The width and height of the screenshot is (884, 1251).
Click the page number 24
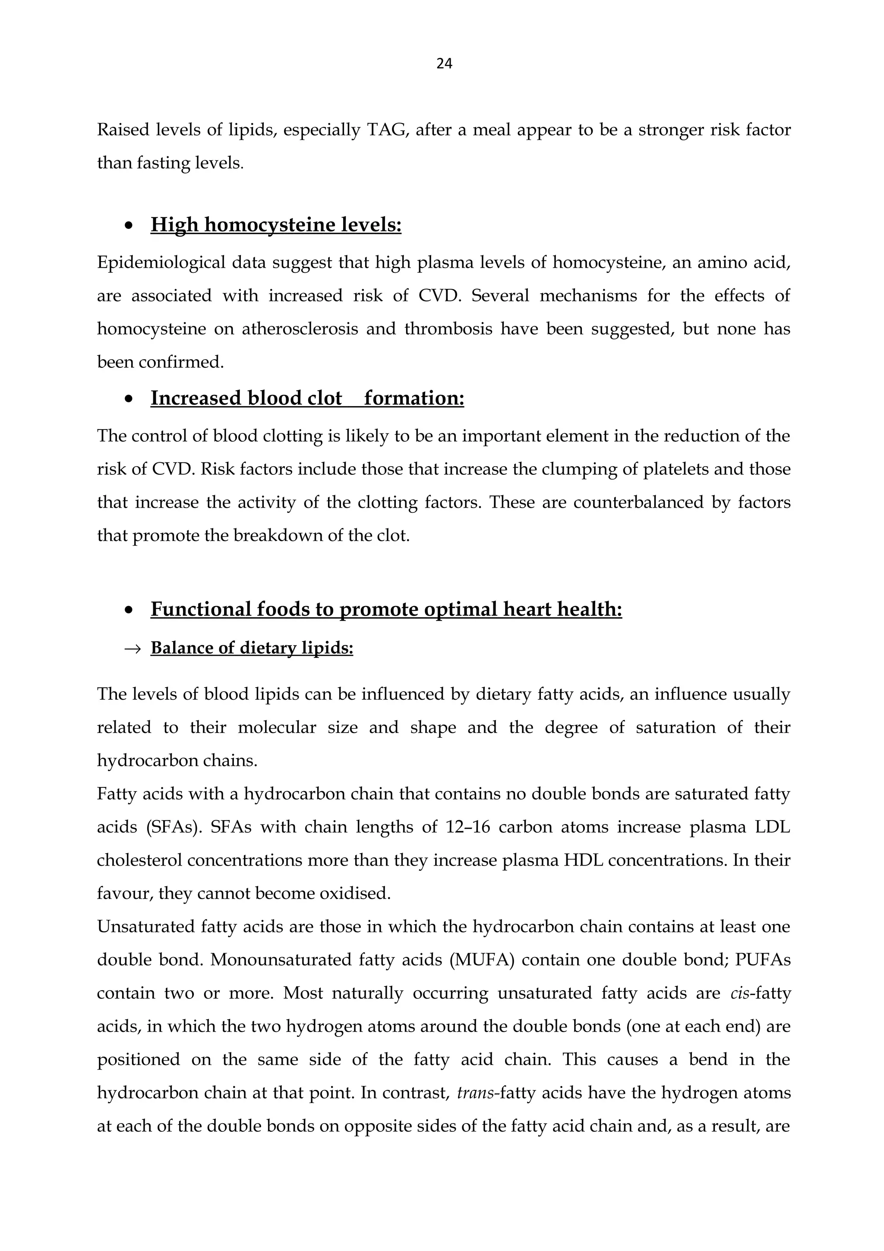444,64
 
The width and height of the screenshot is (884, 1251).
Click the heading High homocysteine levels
276,224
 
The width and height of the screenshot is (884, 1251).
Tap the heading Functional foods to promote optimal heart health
386,609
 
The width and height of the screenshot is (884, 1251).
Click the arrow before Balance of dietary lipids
133,648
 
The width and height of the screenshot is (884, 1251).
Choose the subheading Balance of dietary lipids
252,648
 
